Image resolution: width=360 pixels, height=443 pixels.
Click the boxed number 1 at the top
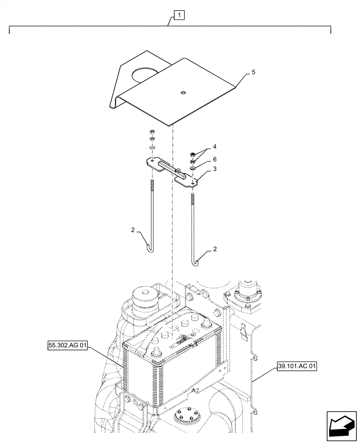click(179, 16)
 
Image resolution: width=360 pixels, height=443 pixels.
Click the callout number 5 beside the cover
click(254, 72)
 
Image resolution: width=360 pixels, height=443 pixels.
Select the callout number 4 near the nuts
click(214, 146)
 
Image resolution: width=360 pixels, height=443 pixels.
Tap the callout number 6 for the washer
click(214, 159)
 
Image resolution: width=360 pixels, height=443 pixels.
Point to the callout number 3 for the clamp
click(214, 170)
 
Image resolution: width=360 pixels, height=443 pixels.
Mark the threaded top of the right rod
click(193, 198)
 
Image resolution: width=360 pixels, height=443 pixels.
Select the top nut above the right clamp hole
click(193, 154)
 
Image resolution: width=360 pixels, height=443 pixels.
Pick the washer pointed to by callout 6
click(193, 168)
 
